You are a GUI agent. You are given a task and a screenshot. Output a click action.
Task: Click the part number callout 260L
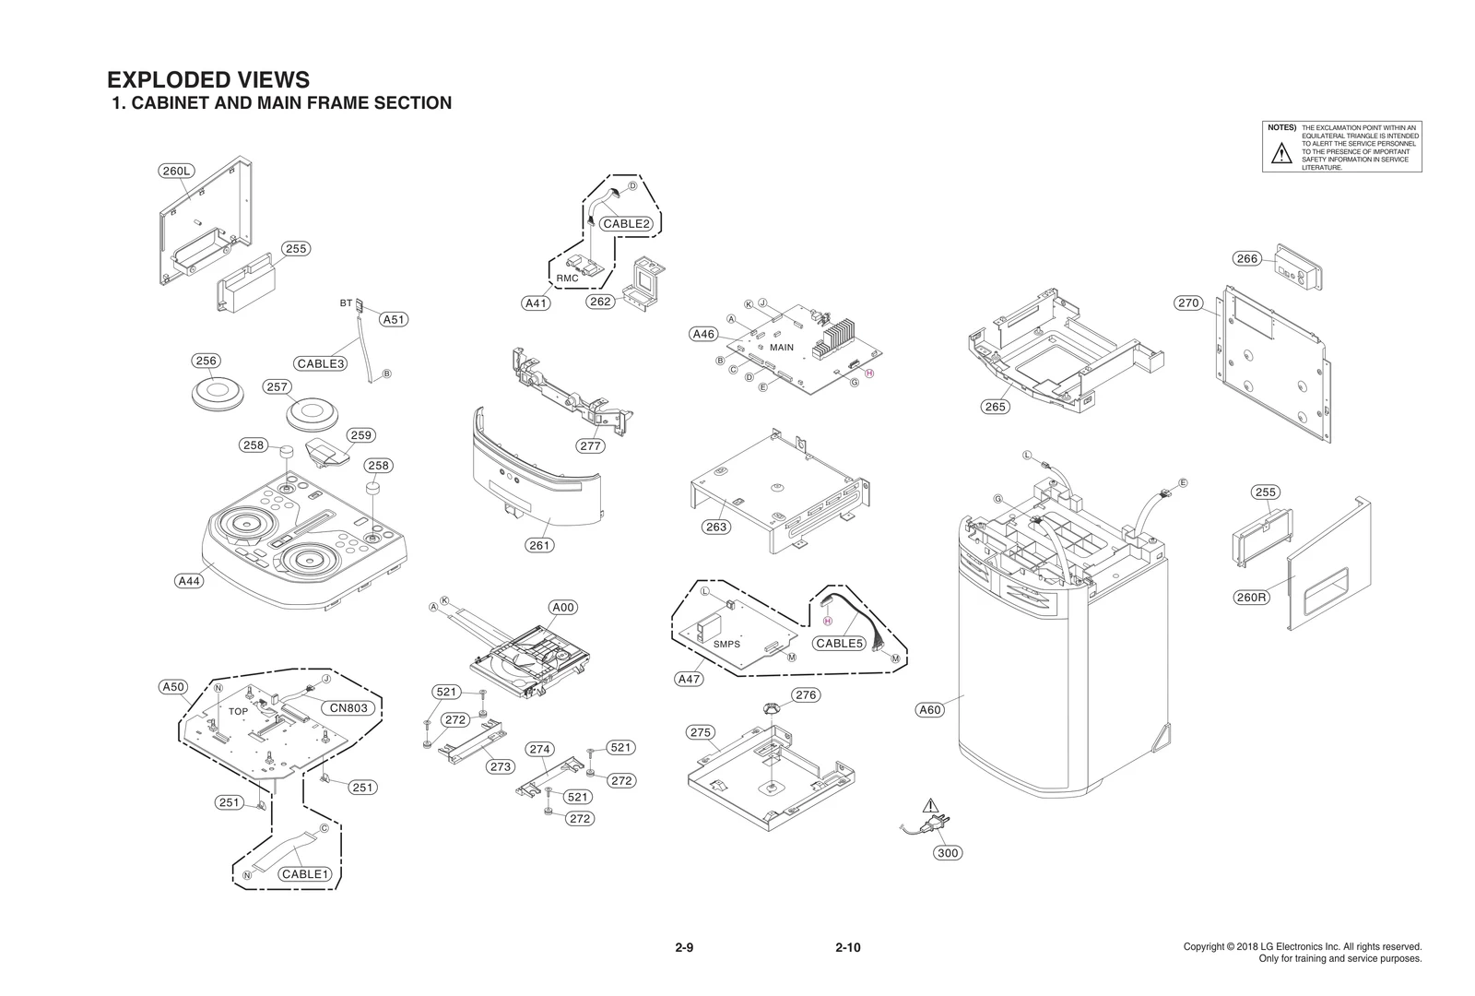click(x=175, y=171)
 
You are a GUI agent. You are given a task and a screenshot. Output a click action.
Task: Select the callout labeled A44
click(x=189, y=581)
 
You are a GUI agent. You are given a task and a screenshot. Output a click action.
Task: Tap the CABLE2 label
click(x=627, y=223)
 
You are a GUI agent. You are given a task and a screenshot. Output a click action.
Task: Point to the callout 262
click(x=600, y=302)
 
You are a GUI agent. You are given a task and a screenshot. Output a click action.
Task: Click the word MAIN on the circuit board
click(x=782, y=348)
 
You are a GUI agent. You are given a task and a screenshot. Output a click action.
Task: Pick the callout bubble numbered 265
click(x=996, y=407)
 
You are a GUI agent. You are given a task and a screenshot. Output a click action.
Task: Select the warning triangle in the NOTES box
click(x=1281, y=154)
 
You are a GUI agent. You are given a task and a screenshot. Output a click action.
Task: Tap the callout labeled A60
click(x=931, y=709)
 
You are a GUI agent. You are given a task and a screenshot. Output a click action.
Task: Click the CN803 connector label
click(x=349, y=708)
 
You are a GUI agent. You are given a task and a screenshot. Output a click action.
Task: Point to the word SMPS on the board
click(x=726, y=644)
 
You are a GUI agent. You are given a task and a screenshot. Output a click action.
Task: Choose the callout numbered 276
click(x=806, y=695)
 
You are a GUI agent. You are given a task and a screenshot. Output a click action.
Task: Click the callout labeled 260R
click(x=1251, y=598)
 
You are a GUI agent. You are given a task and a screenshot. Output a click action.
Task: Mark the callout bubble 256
click(x=206, y=361)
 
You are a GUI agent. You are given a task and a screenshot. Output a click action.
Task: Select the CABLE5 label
click(x=839, y=644)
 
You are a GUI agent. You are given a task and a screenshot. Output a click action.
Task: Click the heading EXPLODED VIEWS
click(x=208, y=79)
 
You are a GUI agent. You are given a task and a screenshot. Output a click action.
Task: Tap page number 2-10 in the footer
click(x=847, y=947)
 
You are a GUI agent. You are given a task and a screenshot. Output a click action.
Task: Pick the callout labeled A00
click(x=563, y=607)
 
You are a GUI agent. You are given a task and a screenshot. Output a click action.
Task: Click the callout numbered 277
click(x=591, y=446)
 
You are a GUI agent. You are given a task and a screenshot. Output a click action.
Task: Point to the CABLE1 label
click(x=305, y=873)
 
